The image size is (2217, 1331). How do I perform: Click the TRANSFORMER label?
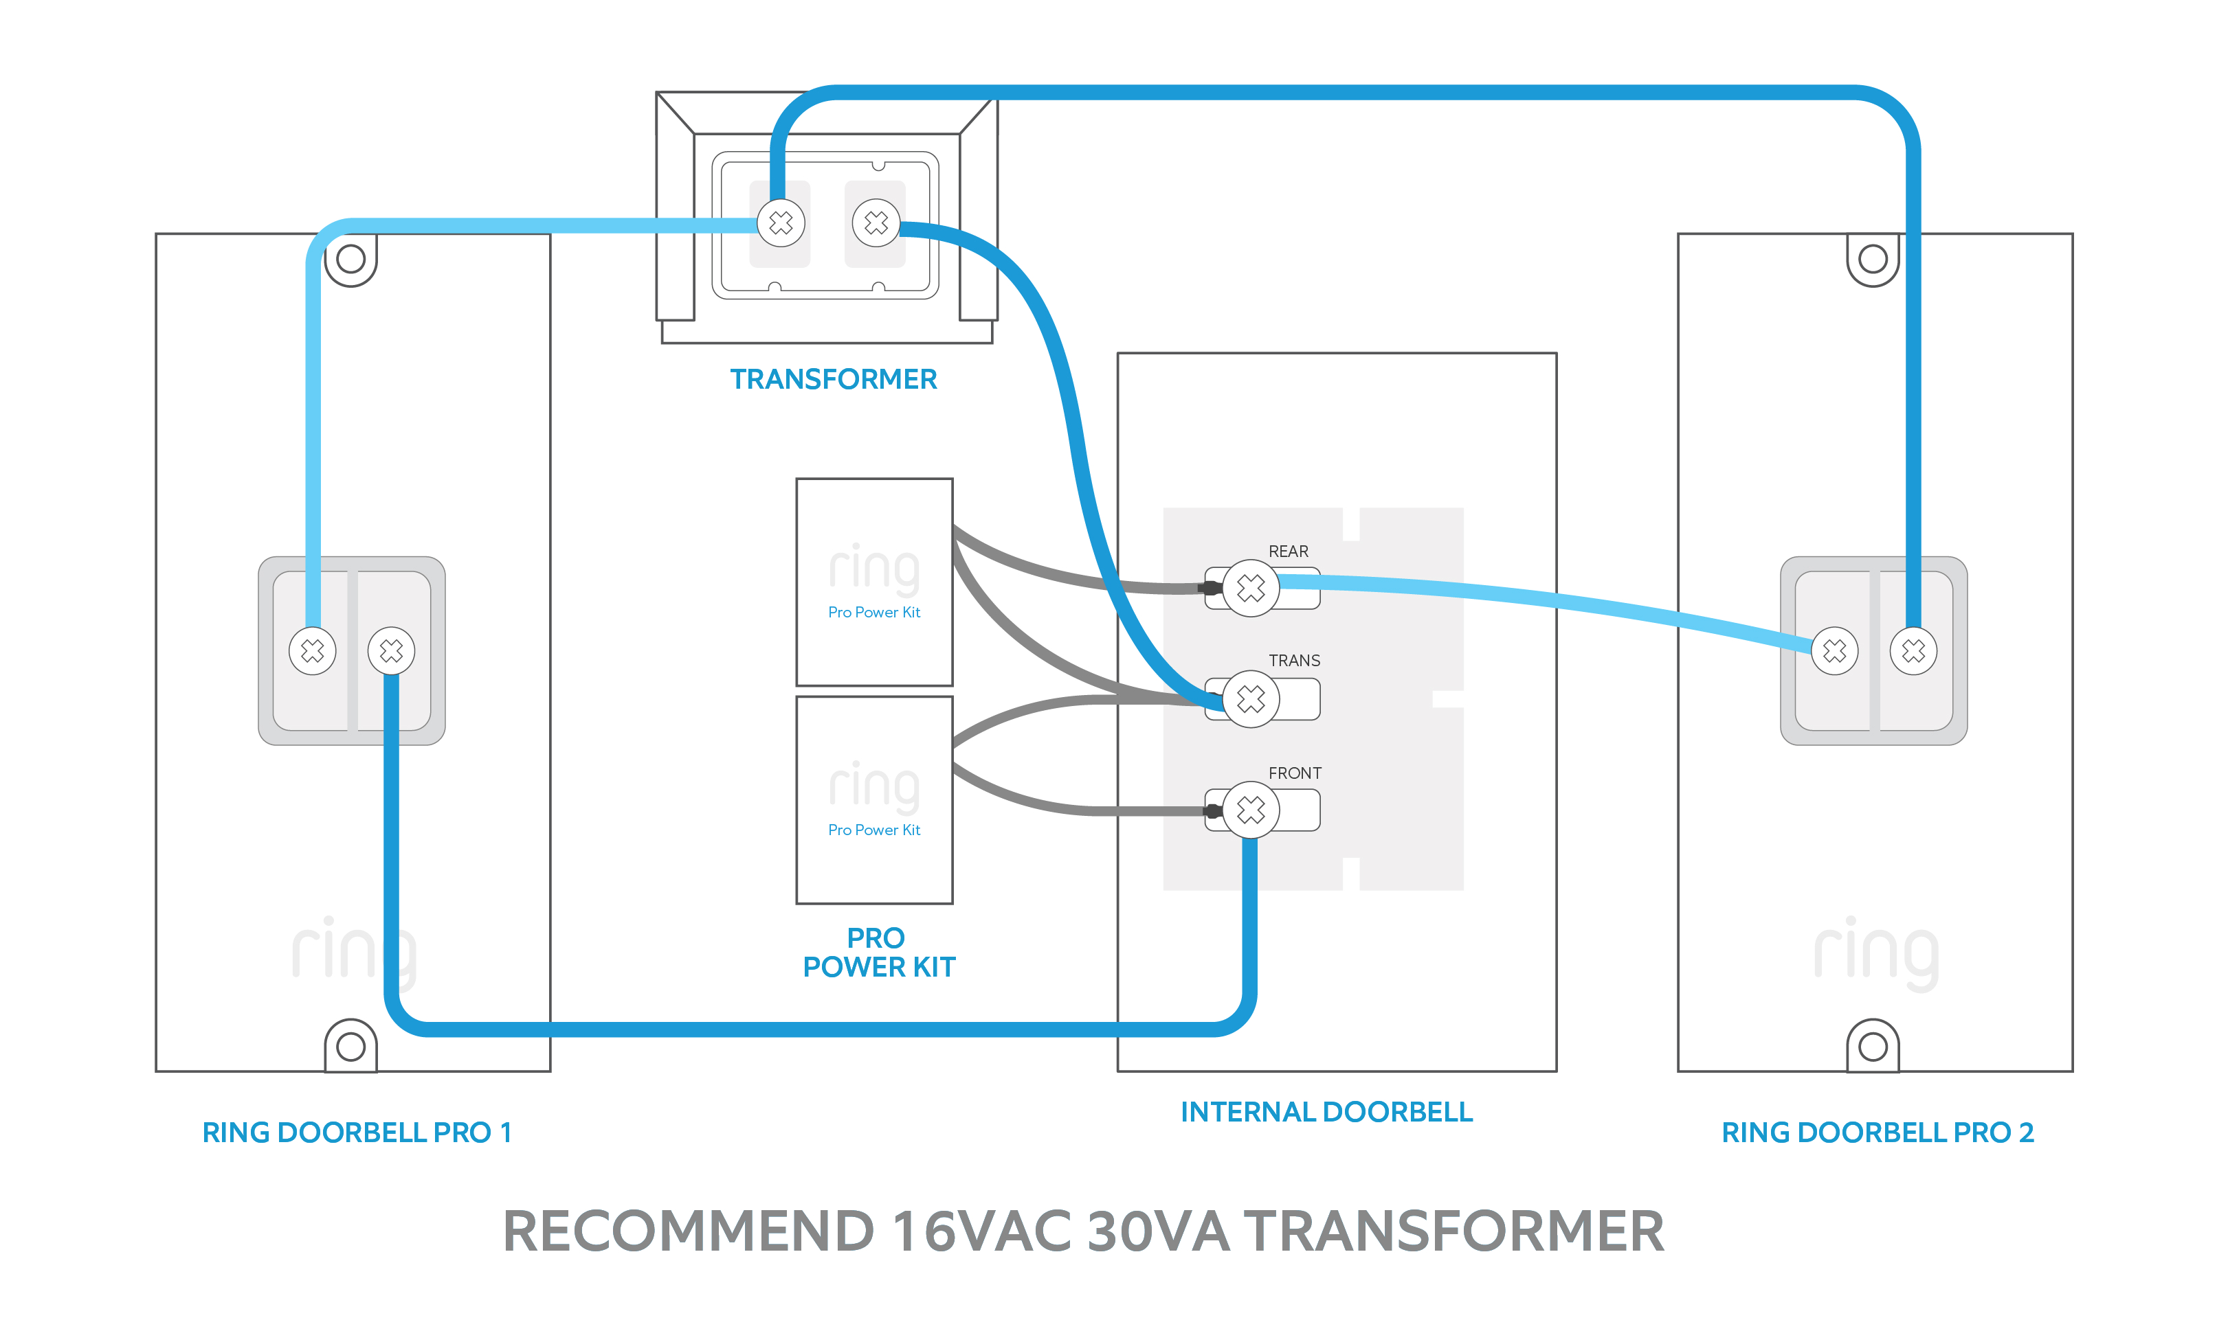[833, 379]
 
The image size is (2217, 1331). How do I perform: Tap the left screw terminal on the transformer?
[781, 223]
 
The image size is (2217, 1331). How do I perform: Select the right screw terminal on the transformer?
[876, 223]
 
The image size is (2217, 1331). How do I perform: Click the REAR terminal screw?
[1250, 589]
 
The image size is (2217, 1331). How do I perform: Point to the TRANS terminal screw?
[1250, 698]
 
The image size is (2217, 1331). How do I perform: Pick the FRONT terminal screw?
[1250, 810]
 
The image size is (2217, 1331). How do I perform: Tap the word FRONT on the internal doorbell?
[1294, 773]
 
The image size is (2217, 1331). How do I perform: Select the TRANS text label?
[1294, 661]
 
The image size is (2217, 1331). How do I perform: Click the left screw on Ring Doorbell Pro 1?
[312, 650]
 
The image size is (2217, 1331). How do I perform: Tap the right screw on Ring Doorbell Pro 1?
[391, 650]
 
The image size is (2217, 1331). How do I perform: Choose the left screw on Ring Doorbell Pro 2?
[1834, 650]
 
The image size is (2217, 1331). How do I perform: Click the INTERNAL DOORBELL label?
[1326, 1112]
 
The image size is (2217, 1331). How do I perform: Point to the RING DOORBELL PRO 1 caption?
[356, 1133]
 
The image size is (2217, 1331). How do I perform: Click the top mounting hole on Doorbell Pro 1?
[350, 259]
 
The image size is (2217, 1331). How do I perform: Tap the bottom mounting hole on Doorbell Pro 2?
[1873, 1046]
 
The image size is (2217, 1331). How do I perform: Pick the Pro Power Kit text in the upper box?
[874, 613]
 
